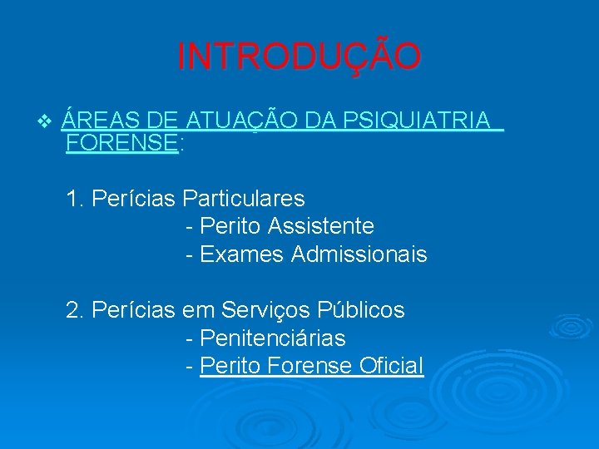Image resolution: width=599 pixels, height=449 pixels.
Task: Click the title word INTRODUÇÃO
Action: tap(299, 57)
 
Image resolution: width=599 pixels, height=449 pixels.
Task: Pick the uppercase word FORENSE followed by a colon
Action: tap(121, 143)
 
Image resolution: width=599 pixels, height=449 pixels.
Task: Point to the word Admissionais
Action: tap(359, 254)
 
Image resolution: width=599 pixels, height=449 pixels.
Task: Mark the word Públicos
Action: tap(361, 311)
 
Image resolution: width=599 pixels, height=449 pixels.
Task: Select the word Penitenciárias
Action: tap(273, 338)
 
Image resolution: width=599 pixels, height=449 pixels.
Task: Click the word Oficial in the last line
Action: tap(392, 366)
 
